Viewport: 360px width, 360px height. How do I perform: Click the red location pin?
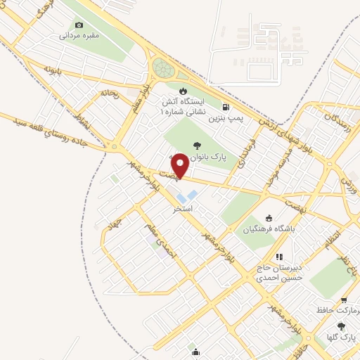pyautogui.click(x=180, y=165)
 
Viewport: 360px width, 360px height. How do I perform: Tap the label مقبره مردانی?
pyautogui.click(x=79, y=34)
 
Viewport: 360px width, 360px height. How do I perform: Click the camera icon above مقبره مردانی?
pyautogui.click(x=79, y=25)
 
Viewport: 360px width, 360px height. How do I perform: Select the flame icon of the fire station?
pyautogui.click(x=183, y=91)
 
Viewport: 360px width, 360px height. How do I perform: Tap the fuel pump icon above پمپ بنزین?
pyautogui.click(x=225, y=107)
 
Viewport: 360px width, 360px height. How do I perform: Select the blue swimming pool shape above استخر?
pyautogui.click(x=188, y=193)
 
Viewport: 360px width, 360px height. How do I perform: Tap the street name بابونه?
pyautogui.click(x=56, y=70)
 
